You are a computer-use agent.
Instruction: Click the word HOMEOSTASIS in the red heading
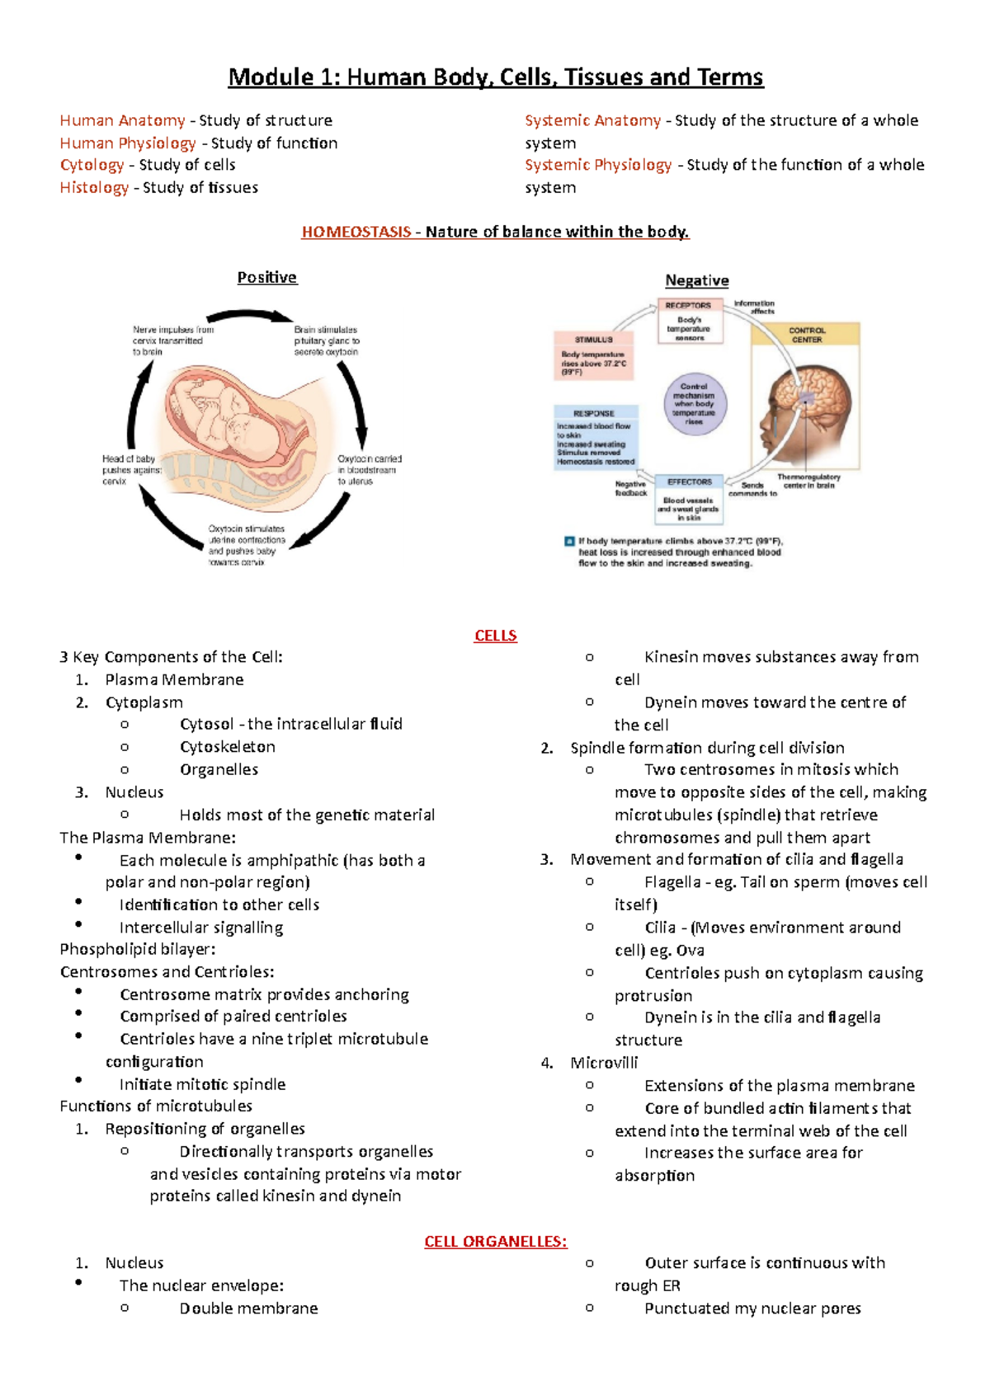point(356,232)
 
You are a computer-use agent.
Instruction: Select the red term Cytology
point(92,165)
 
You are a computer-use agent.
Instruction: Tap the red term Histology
point(94,187)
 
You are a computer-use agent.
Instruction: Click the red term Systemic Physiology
point(598,165)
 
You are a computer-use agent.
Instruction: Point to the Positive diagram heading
point(266,277)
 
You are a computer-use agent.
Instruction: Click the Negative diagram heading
point(697,280)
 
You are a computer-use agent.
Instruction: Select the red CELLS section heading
point(495,636)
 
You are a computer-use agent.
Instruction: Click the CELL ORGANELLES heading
point(495,1242)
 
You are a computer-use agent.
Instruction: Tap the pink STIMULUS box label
point(594,339)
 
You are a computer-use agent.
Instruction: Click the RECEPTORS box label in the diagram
point(688,305)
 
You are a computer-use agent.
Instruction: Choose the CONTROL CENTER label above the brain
point(806,335)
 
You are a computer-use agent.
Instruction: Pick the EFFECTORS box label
point(690,482)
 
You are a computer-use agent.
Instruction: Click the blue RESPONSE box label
point(594,413)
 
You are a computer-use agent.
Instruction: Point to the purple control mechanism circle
point(695,404)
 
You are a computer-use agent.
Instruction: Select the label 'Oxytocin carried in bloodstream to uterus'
point(370,470)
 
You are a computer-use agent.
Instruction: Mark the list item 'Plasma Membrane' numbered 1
point(174,679)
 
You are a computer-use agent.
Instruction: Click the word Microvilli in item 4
point(604,1063)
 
